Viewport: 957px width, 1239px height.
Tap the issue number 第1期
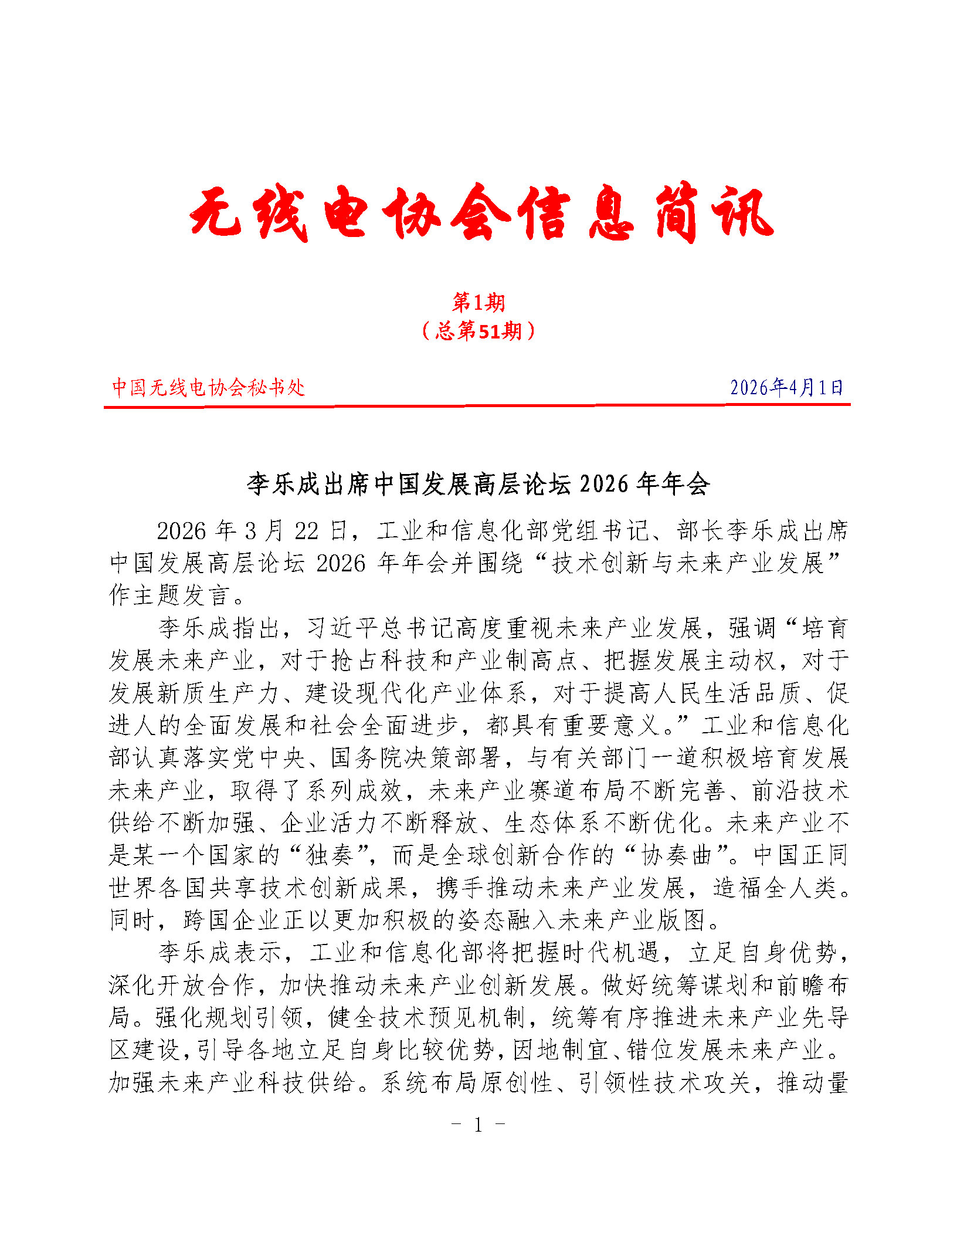coord(478,303)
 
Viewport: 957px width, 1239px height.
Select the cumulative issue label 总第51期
coord(478,331)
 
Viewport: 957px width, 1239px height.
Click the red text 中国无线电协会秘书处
coord(208,387)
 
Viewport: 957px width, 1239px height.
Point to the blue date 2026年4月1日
coord(786,387)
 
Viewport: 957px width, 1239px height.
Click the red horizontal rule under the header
coord(477,405)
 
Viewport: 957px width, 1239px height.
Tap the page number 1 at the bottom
coord(478,1124)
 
